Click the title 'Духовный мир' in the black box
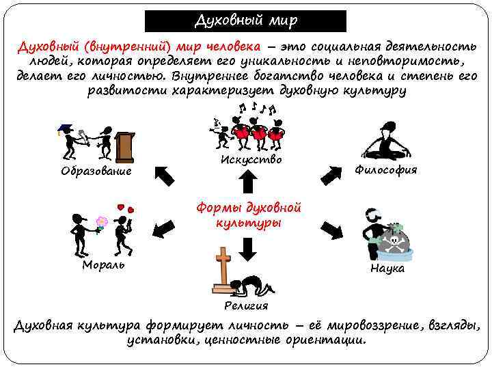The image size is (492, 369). [x=246, y=20]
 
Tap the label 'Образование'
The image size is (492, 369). [x=96, y=171]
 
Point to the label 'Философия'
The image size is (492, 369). [x=386, y=170]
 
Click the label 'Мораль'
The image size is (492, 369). [x=103, y=264]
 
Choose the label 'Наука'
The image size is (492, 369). [x=387, y=269]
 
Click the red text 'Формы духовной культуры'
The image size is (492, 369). [x=248, y=215]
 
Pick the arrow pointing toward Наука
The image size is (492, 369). [x=331, y=230]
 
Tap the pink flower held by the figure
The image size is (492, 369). [x=102, y=222]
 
